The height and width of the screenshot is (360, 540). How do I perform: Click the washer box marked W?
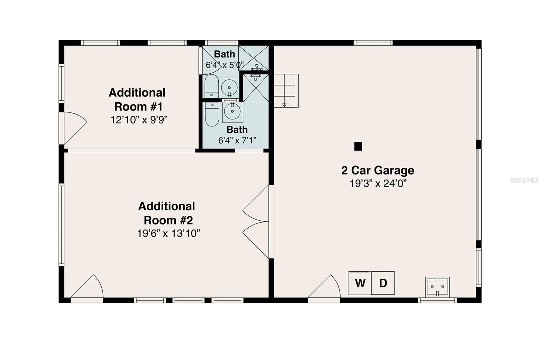coord(360,283)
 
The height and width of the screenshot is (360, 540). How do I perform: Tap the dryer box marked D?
coord(383,283)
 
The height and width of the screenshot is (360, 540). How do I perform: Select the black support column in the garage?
coord(358,146)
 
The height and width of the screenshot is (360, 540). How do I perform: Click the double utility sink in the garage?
coord(437,287)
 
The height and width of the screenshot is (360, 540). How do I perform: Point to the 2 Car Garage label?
coord(378,170)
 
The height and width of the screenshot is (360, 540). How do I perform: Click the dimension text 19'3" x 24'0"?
coord(378,184)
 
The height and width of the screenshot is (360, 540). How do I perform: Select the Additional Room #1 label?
coord(137,100)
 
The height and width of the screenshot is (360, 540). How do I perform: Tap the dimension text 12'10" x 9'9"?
coord(139,120)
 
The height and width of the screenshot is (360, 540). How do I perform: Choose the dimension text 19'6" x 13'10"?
coord(168,233)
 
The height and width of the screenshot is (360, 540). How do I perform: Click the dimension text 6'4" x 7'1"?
coord(237,140)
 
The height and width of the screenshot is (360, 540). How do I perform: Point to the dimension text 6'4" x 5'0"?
coord(224,65)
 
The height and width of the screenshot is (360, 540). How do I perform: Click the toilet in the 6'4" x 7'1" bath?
coord(212,114)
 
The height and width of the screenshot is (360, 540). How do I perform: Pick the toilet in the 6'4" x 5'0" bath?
coord(212,86)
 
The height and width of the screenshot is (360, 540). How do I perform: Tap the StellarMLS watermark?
coord(524,180)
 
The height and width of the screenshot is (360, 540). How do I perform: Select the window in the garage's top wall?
coord(373,43)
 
